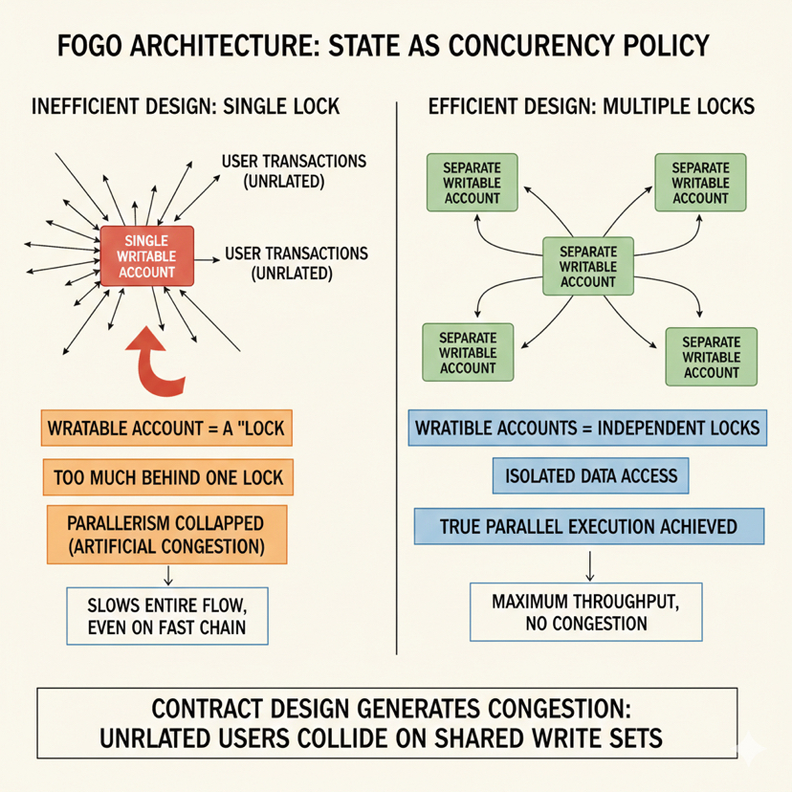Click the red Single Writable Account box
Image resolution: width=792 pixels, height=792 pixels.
coord(147,255)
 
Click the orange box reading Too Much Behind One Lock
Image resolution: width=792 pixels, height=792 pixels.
coord(167,475)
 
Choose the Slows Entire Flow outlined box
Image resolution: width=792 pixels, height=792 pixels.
coord(166,616)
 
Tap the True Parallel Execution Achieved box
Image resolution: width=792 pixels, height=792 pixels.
coord(588,526)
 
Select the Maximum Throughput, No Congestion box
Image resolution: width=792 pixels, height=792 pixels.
coord(588,613)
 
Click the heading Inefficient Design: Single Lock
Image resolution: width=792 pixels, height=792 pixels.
coord(186,106)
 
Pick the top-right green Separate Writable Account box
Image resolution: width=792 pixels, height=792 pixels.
coord(700,182)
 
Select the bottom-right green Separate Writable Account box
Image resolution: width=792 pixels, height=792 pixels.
coord(712,357)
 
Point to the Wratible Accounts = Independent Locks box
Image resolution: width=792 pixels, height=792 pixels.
coord(586,427)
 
